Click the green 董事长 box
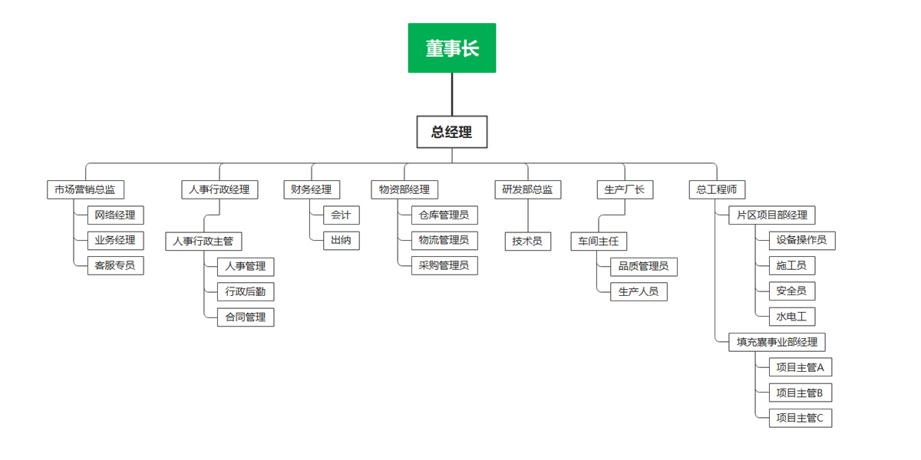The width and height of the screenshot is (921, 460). click(452, 48)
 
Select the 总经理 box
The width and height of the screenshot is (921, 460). click(452, 132)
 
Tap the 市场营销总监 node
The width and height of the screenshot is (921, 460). click(85, 189)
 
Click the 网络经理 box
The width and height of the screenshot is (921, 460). click(115, 215)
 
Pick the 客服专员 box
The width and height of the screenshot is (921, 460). click(115, 266)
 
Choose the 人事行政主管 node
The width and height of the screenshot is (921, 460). click(203, 241)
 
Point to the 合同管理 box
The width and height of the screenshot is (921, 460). click(246, 317)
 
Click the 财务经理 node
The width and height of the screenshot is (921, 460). click(312, 189)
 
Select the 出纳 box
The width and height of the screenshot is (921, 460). click(341, 241)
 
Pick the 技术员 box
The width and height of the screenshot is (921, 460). click(527, 241)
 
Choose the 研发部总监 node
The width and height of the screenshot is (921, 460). click(527, 189)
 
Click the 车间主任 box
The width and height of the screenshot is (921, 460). click(599, 241)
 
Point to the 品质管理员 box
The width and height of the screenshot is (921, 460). click(643, 266)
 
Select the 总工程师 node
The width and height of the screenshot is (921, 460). click(716, 189)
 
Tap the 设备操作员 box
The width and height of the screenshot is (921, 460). click(801, 240)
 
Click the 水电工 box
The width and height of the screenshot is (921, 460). click(792, 317)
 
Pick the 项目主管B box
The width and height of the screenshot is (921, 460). click(800, 393)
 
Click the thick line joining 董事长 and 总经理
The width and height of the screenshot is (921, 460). click(452, 94)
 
